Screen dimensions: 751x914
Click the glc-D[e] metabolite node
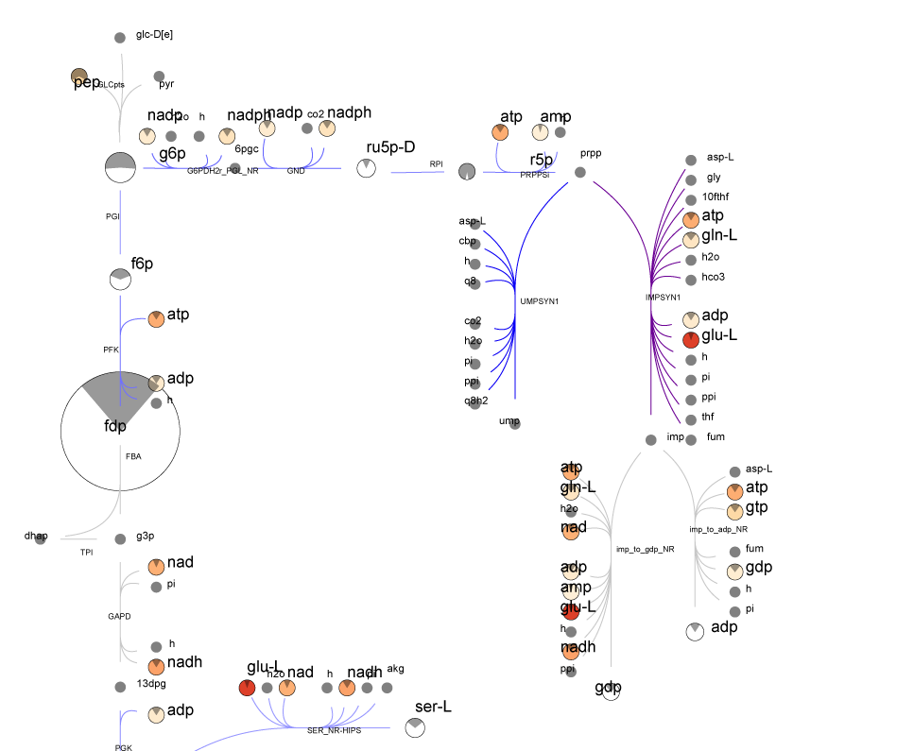click(x=120, y=38)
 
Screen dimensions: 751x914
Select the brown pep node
click(x=80, y=77)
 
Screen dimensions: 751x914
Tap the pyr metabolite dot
click(x=159, y=77)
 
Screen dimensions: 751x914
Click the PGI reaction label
click(x=112, y=216)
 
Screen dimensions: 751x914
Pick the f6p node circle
click(x=120, y=279)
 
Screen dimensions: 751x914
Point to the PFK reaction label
click(x=111, y=350)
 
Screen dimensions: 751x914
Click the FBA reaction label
click(x=132, y=455)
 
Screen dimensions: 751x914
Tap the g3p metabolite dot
click(x=120, y=538)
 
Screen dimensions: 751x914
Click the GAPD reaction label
click(x=119, y=617)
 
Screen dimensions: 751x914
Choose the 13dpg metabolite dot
click(x=120, y=686)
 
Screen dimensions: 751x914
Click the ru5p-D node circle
click(x=366, y=168)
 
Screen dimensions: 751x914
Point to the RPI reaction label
click(x=436, y=164)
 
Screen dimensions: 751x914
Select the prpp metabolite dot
click(x=580, y=172)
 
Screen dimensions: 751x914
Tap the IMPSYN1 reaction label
click(x=663, y=297)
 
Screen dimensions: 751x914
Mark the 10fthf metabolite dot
click(x=690, y=198)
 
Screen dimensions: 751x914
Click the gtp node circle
click(x=734, y=511)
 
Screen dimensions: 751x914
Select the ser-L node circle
click(x=414, y=727)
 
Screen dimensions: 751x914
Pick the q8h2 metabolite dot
click(x=475, y=402)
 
